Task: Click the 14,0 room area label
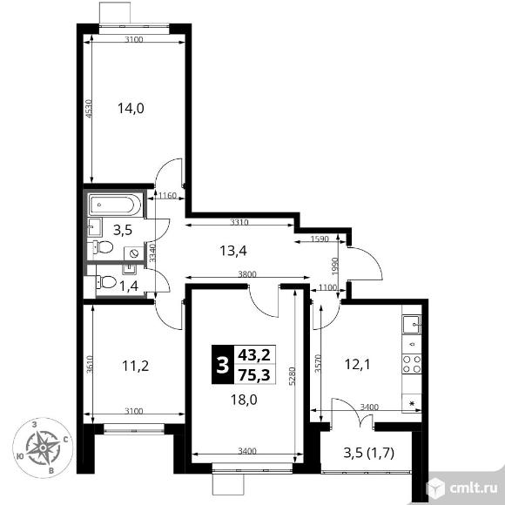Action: point(131,108)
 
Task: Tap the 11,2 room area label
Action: point(136,366)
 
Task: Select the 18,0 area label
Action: point(244,400)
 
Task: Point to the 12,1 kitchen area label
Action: point(358,365)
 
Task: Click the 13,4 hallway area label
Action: point(233,250)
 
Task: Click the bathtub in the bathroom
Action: point(114,205)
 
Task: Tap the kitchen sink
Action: point(412,324)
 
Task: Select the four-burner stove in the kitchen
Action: point(412,364)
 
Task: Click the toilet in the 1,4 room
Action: point(106,282)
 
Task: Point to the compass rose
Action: point(43,448)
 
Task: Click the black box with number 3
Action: point(223,365)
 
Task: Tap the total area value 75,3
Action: point(254,375)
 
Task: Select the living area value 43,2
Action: point(254,355)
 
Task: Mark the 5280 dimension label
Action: point(292,376)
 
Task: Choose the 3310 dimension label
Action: point(239,222)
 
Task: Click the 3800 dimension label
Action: point(247,274)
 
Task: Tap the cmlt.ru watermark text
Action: point(474,488)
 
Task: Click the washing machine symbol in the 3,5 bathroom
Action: point(134,253)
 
